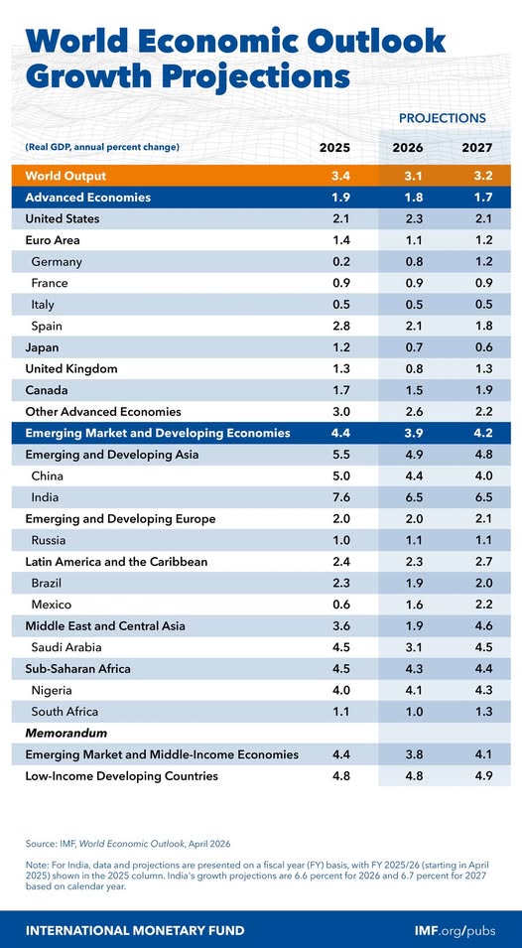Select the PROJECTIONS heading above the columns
(x=442, y=118)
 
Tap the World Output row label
(x=65, y=176)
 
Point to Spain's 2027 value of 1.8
(x=476, y=327)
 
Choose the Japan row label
(x=43, y=347)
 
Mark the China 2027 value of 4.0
(x=476, y=476)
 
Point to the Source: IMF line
(x=128, y=843)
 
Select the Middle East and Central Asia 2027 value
(x=476, y=626)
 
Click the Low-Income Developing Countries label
(x=121, y=776)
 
